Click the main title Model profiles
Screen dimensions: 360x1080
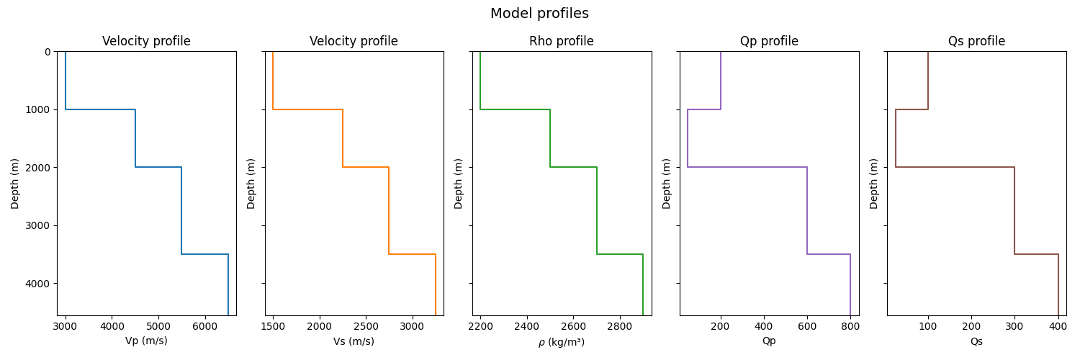pyautogui.click(x=539, y=14)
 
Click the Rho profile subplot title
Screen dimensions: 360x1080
pyautogui.click(x=562, y=41)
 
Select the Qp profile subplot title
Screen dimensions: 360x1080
pyautogui.click(x=769, y=41)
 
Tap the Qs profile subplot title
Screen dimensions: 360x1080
pyautogui.click(x=976, y=41)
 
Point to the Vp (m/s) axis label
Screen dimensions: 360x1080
pyautogui.click(x=146, y=341)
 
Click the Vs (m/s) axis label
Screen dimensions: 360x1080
pyautogui.click(x=354, y=341)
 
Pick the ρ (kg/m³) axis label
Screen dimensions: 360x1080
pyautogui.click(x=562, y=342)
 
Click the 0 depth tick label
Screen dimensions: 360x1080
pyautogui.click(x=47, y=52)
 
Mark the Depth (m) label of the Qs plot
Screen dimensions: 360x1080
pyautogui.click(x=874, y=184)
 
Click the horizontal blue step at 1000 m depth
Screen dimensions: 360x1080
pyautogui.click(x=100, y=109)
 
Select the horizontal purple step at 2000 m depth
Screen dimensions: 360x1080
pyautogui.click(x=747, y=167)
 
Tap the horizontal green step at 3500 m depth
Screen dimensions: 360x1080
pyautogui.click(x=620, y=254)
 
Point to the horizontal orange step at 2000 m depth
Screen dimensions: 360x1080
pyautogui.click(x=366, y=167)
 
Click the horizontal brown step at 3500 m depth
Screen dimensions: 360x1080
pyautogui.click(x=1036, y=254)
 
